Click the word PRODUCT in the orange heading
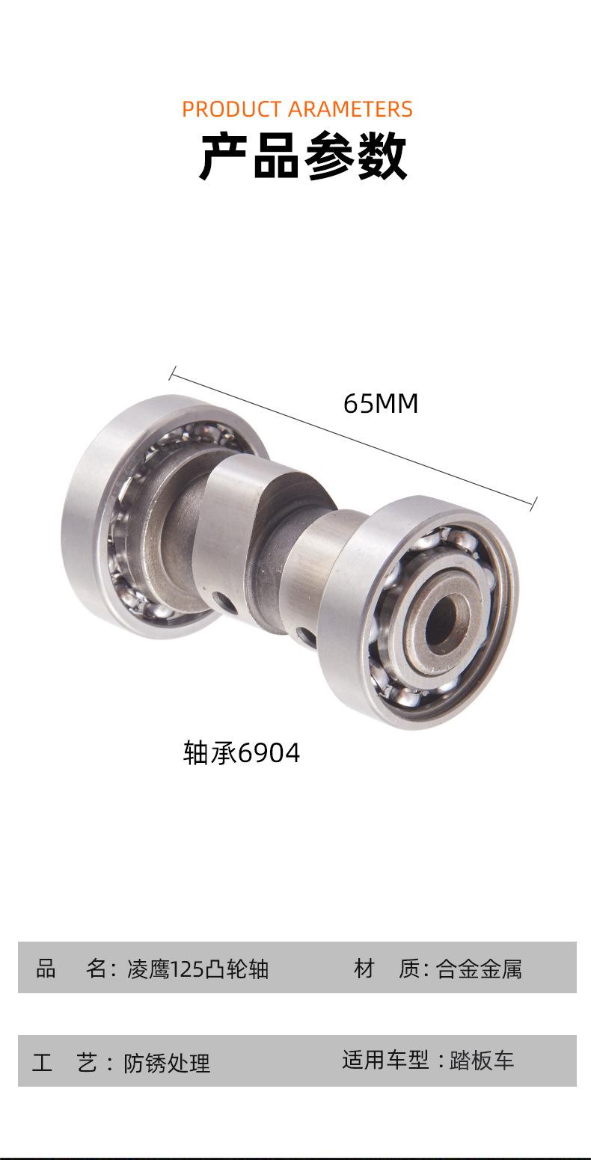pos(231,109)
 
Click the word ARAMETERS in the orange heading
pos(350,109)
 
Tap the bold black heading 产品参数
pos(303,156)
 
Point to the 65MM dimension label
pos(381,403)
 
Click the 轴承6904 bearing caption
pos(242,753)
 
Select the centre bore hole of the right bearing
pos(441,619)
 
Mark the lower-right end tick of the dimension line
pos(533,504)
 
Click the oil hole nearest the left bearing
pos(224,602)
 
